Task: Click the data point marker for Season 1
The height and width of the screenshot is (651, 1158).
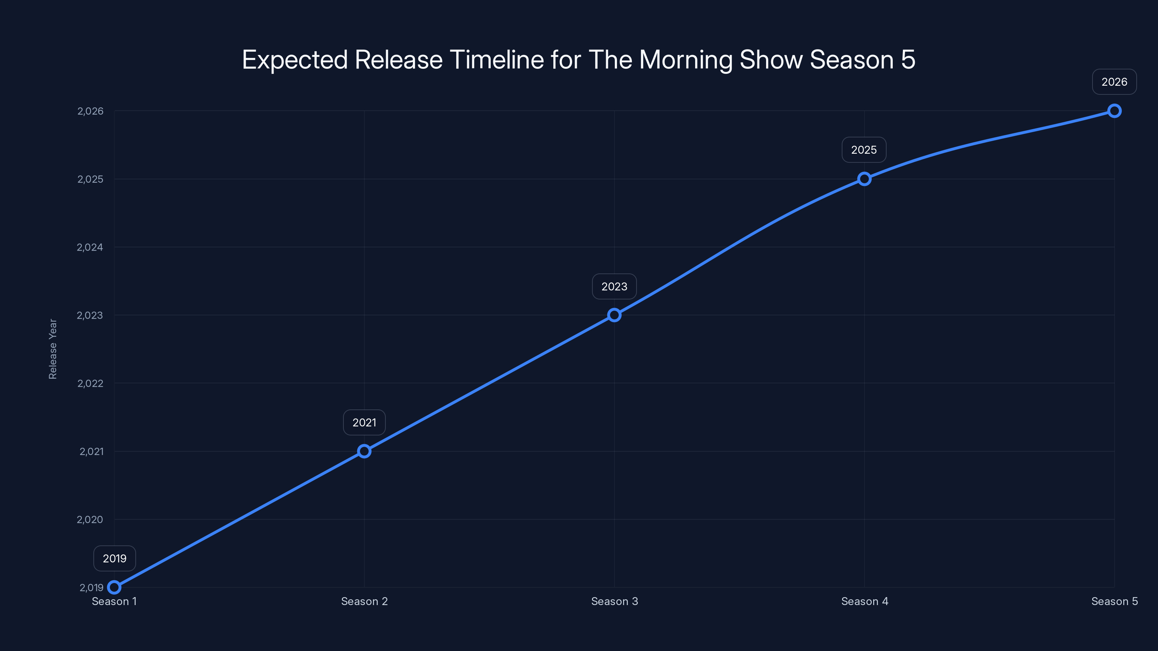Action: pos(114,587)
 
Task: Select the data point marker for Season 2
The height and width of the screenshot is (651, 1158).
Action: pos(364,451)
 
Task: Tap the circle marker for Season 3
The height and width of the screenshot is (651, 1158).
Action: pos(614,315)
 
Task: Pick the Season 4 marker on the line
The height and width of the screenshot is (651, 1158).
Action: pos(864,179)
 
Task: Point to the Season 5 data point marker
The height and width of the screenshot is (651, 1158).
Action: pos(1114,111)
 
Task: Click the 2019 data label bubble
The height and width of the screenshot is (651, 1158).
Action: pos(115,558)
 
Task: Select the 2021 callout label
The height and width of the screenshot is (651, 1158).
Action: pos(364,422)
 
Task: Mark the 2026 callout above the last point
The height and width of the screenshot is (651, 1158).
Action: pos(1114,82)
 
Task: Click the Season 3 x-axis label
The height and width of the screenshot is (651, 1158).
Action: pos(614,601)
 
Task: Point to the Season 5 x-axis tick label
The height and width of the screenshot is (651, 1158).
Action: pos(1114,601)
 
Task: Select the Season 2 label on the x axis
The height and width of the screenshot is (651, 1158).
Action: pos(364,601)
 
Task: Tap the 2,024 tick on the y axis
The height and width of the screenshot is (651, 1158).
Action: pos(90,247)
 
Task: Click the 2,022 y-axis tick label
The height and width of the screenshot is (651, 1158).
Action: pos(90,383)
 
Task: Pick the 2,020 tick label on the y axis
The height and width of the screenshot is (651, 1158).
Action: pos(90,519)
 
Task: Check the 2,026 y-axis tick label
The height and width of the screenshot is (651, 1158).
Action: pos(90,111)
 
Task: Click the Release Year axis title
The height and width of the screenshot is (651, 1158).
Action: pos(52,349)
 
